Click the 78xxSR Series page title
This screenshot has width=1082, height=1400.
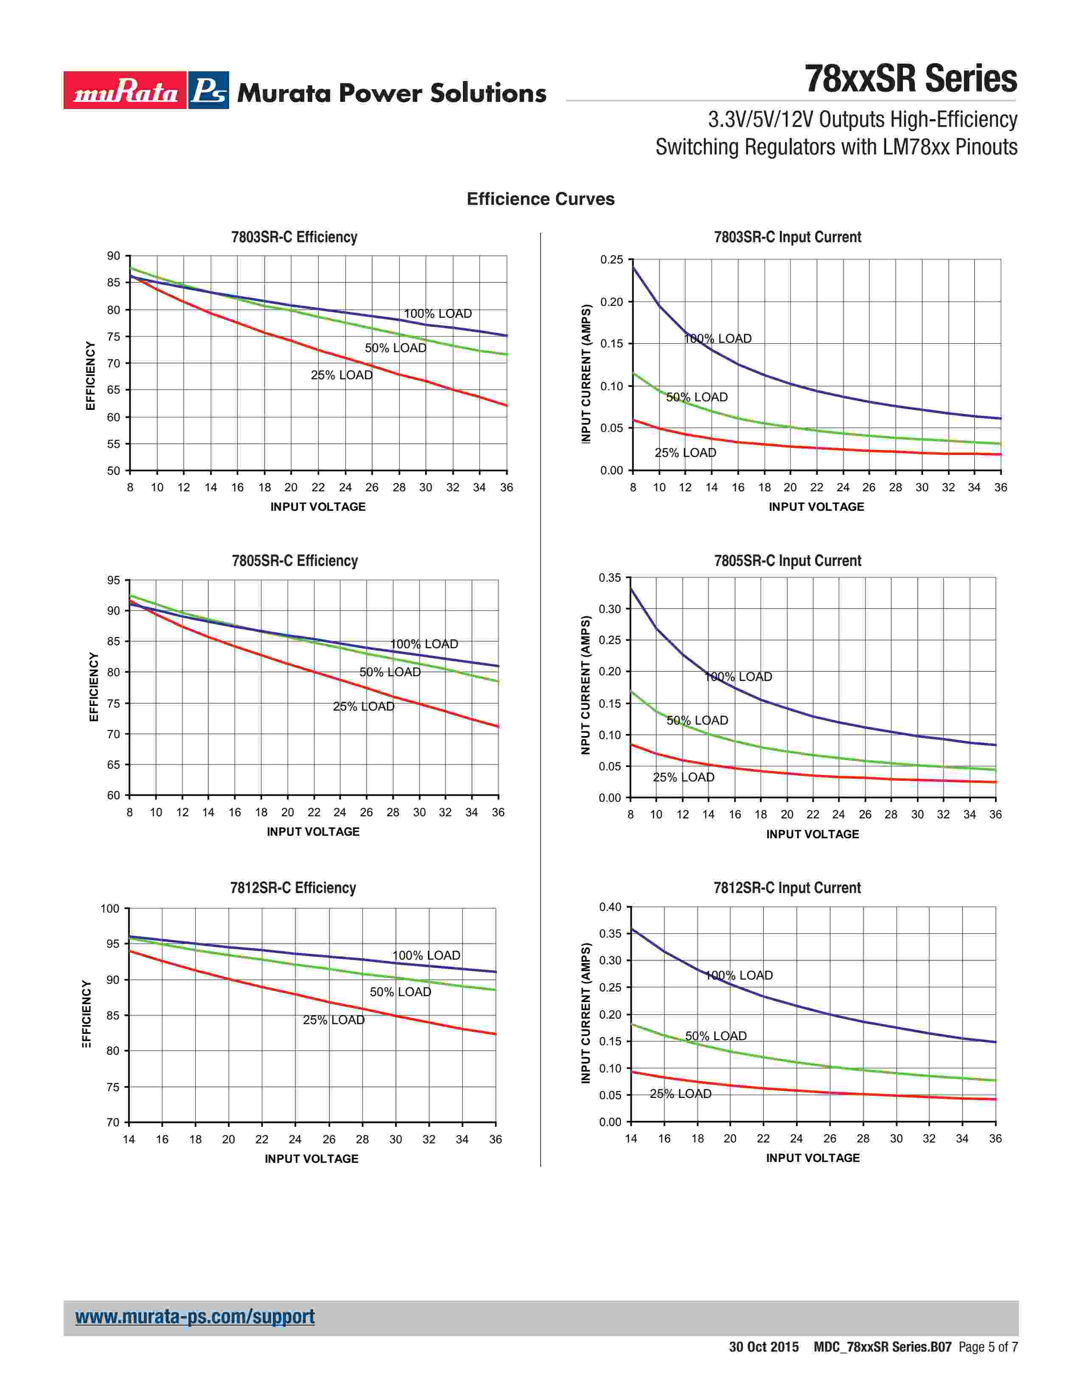(910, 79)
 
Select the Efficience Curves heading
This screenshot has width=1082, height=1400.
(540, 199)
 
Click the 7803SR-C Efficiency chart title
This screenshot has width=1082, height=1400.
(294, 237)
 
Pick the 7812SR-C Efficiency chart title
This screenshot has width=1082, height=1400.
(293, 888)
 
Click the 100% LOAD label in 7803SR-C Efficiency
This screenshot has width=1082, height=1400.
(438, 314)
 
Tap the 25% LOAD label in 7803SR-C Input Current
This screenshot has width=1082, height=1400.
(685, 453)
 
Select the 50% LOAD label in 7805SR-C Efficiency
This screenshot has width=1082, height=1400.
(390, 672)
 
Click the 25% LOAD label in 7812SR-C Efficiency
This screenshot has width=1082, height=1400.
(334, 1020)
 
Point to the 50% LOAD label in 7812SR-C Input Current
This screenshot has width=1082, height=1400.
(715, 1036)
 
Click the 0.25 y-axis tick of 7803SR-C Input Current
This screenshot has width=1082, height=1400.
(611, 260)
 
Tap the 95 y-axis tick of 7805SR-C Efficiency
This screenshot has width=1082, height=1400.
(113, 580)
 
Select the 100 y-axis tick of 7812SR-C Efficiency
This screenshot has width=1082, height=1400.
(110, 908)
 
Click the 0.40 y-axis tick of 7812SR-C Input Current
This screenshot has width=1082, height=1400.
(610, 907)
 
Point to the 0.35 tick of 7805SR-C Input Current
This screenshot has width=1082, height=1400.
(610, 577)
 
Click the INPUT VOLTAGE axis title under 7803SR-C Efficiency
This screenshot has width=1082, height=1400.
(318, 507)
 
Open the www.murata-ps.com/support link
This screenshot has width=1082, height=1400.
(195, 1317)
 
